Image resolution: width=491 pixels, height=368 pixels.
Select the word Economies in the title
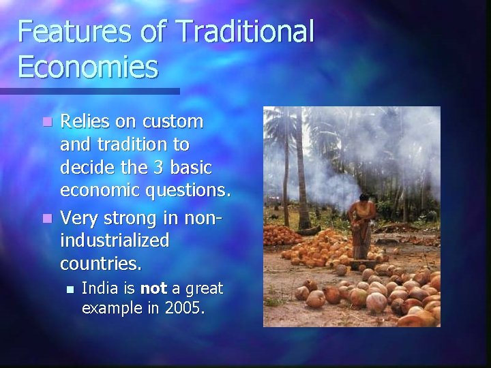88,67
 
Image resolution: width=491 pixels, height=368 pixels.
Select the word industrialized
115,241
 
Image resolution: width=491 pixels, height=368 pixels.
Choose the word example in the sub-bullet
110,307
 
